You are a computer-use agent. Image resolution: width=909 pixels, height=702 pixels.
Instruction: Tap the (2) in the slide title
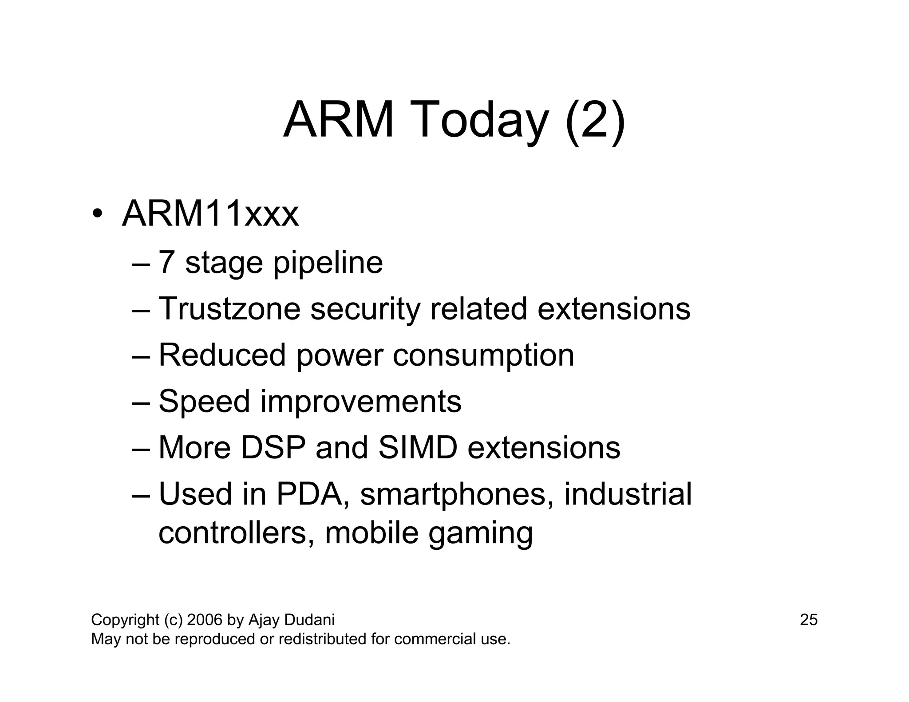(595, 120)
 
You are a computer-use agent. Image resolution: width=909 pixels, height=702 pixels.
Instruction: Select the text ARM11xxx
(210, 214)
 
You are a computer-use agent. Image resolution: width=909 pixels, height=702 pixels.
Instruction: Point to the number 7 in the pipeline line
(166, 262)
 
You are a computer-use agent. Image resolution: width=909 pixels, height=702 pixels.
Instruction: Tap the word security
(365, 309)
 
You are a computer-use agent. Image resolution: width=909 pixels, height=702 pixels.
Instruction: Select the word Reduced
(222, 355)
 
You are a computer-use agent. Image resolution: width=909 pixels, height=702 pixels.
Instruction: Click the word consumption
(483, 356)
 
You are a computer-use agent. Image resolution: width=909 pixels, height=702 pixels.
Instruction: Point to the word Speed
(204, 402)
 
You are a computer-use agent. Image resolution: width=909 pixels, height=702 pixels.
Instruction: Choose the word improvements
(360, 402)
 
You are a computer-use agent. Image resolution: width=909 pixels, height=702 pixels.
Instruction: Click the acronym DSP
(273, 447)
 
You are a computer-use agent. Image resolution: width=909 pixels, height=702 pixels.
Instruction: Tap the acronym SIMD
(418, 447)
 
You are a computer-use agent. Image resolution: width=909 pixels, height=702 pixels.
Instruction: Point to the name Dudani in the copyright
(309, 619)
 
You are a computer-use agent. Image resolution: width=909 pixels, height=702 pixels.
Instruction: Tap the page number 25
(809, 619)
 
